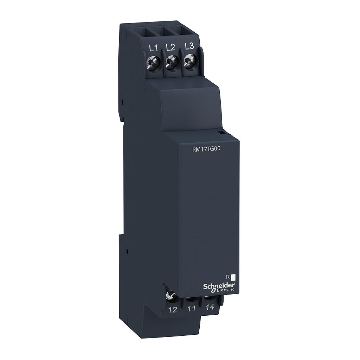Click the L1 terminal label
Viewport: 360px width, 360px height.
click(x=153, y=48)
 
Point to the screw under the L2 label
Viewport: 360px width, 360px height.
click(x=171, y=63)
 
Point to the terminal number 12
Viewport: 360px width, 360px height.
click(x=173, y=309)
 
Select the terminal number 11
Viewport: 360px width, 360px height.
click(x=191, y=309)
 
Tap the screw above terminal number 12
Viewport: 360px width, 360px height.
click(x=172, y=294)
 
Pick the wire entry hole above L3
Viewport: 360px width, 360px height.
click(x=184, y=30)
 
